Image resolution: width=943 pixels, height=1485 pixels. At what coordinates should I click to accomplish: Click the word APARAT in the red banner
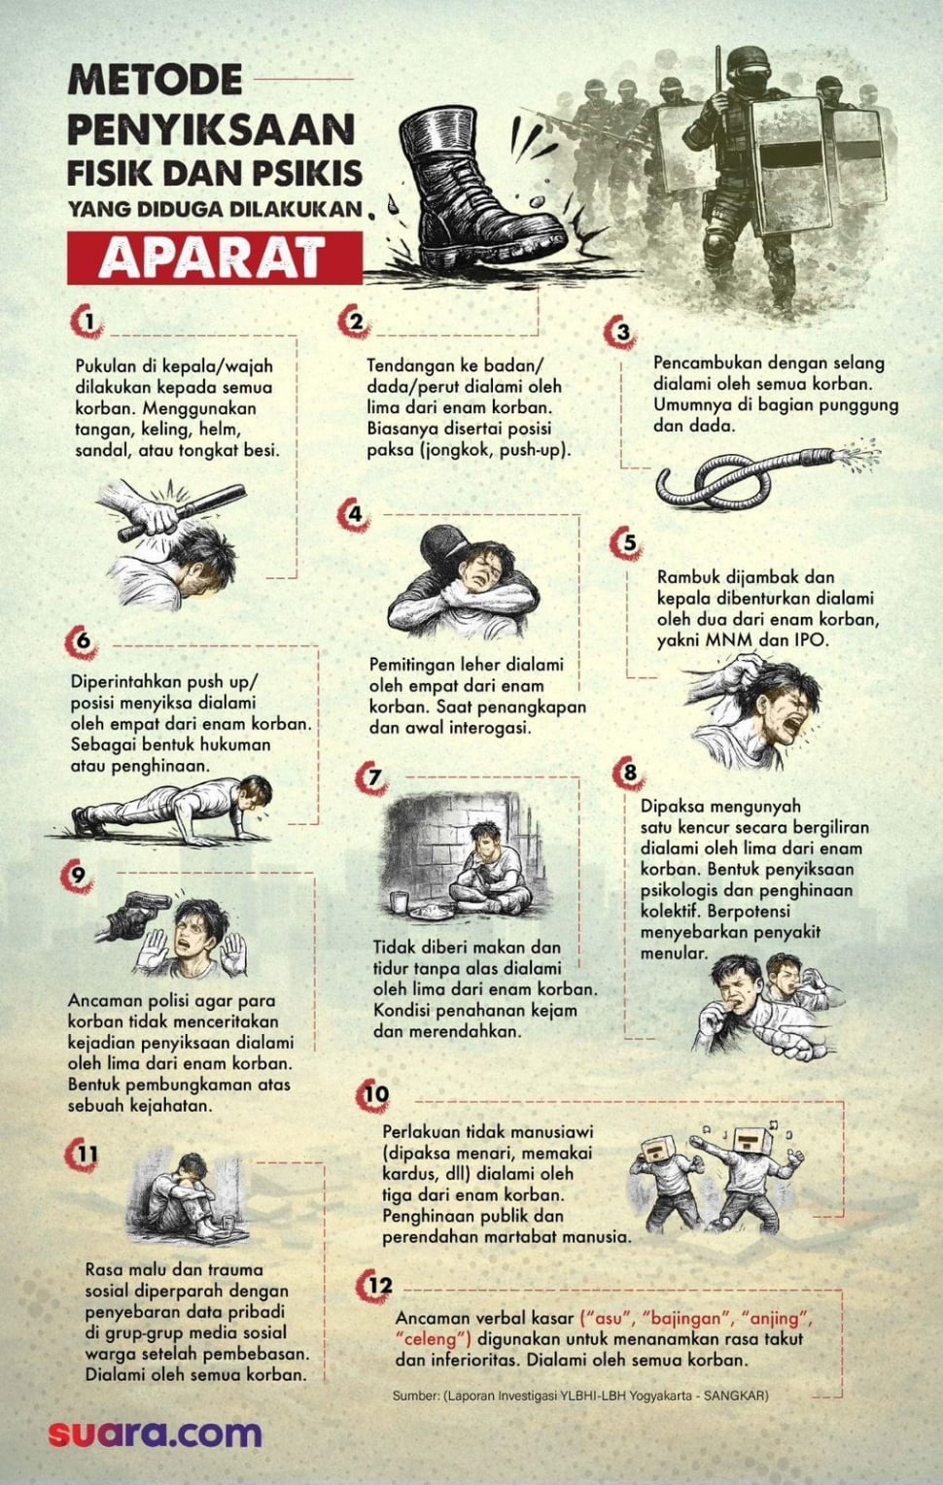212,257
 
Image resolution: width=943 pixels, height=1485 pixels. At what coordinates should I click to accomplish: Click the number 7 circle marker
373,778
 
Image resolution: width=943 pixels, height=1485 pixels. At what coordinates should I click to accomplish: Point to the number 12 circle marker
379,1286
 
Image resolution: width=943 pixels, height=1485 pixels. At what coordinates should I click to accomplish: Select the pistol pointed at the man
136,914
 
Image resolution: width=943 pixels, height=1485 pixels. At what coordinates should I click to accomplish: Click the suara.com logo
156,1434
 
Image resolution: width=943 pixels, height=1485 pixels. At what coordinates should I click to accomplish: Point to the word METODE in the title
155,81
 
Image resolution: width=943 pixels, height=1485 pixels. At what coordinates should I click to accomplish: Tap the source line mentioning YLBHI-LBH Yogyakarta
580,1395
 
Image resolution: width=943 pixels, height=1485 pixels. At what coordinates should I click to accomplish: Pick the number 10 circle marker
375,1094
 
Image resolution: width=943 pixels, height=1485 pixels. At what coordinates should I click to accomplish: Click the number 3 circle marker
623,331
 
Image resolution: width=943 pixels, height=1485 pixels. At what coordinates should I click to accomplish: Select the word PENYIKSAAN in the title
211,129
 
